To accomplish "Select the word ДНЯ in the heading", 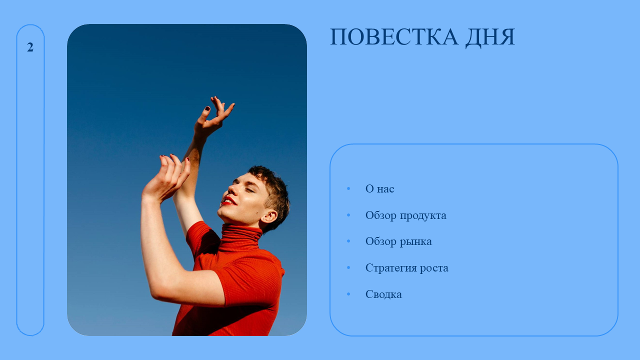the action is coord(490,37).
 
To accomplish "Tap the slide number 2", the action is coord(30,47).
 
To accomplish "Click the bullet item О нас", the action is coord(379,188).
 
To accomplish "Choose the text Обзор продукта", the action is coord(405,215).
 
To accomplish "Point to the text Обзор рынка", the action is coord(398,241).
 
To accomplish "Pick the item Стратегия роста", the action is coord(407,268).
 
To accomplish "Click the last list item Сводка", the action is coord(383,294).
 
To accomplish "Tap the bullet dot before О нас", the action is coord(348,188).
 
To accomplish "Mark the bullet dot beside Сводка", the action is coord(348,294).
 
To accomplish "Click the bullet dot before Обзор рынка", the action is coord(348,241).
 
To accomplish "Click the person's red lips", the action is coord(229,201).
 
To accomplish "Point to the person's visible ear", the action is coord(269,217).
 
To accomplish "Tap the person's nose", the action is coord(232,189).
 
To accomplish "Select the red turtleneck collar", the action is coord(240,237).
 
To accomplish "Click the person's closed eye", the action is coord(249,190).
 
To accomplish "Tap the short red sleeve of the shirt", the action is coord(249,281).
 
